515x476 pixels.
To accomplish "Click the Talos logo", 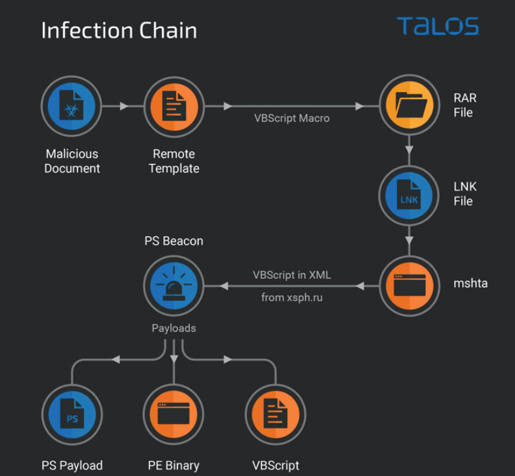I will pos(438,26).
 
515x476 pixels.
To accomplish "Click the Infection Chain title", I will pos(119,30).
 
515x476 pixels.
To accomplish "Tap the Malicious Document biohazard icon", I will pos(72,106).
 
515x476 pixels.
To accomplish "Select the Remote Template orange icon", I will pos(174,106).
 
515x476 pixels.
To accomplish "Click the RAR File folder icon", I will pos(409,106).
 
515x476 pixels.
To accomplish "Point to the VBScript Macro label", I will pos(292,118).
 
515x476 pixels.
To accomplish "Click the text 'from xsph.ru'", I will pos(292,298).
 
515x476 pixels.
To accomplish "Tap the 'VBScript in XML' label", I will pos(292,275).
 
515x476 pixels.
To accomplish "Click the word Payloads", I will pos(174,328).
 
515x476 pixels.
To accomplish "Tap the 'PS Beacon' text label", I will pos(174,241).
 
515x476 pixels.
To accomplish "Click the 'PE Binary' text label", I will pos(174,465).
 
